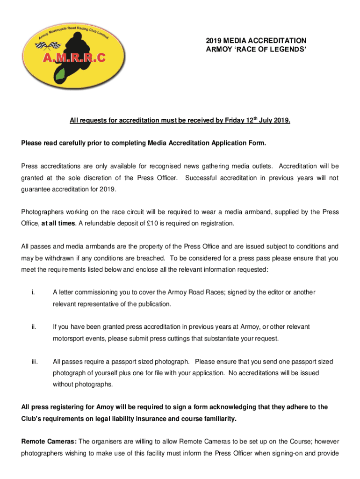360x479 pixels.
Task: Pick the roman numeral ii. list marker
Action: point(33,327)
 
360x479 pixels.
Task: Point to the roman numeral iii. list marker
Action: point(34,361)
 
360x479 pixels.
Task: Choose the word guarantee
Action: point(37,189)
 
